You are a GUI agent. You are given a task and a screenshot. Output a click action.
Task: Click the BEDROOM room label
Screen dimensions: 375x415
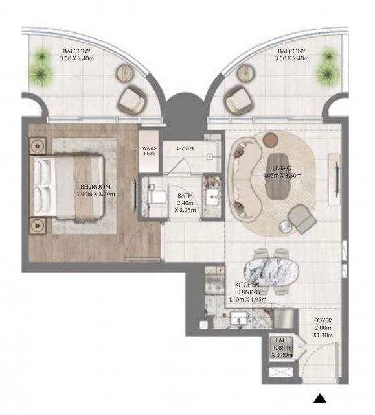pos(95,187)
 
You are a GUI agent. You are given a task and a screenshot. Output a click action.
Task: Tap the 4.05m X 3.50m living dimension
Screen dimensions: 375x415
pos(282,175)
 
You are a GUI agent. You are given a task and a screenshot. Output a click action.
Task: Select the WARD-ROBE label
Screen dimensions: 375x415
pos(149,151)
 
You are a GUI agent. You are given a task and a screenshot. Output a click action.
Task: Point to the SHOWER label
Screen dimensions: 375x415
pos(185,149)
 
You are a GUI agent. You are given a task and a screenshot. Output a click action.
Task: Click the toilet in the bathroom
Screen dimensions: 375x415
pos(156,195)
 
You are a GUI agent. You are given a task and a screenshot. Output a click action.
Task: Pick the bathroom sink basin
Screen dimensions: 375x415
pos(213,197)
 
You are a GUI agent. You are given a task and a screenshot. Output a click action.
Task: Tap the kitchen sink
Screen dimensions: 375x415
pos(238,318)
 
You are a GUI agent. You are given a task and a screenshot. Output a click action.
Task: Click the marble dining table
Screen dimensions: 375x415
pos(271,272)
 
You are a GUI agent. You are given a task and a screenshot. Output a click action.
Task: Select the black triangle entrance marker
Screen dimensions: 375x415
pos(320,398)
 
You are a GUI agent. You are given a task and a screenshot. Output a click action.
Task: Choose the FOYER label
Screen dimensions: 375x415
pos(323,320)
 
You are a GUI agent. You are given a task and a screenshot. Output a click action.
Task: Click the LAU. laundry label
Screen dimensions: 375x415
pos(282,340)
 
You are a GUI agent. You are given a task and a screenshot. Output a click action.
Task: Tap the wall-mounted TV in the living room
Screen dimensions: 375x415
pos(337,178)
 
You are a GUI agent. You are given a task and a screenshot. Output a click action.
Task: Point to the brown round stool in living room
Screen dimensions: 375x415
pos(271,139)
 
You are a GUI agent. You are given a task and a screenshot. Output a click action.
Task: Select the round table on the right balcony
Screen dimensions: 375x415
pos(246,73)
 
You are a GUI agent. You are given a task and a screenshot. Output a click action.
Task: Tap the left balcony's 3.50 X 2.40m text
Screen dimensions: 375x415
pos(76,58)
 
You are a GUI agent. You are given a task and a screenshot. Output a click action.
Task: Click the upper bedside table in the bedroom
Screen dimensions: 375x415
pos(38,145)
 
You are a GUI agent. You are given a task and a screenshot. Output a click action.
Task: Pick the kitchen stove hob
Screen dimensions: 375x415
pos(214,285)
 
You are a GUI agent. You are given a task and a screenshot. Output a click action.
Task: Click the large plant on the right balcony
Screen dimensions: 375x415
pos(328,72)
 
